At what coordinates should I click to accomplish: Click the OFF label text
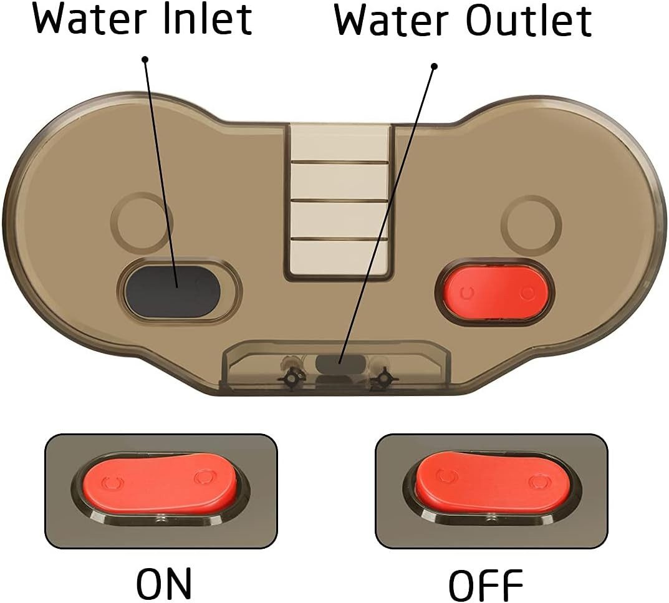(486, 585)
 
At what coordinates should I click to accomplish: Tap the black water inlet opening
(173, 291)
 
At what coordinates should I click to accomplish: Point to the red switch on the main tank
(497, 292)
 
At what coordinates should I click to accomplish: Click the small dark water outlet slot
(340, 364)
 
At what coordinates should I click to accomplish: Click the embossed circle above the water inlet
(142, 221)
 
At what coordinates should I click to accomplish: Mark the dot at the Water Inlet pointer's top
(145, 59)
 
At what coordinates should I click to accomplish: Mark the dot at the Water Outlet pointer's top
(435, 67)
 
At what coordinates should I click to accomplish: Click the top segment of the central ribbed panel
(340, 143)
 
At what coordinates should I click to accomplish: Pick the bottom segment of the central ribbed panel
(340, 258)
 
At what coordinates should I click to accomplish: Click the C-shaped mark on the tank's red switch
(468, 292)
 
